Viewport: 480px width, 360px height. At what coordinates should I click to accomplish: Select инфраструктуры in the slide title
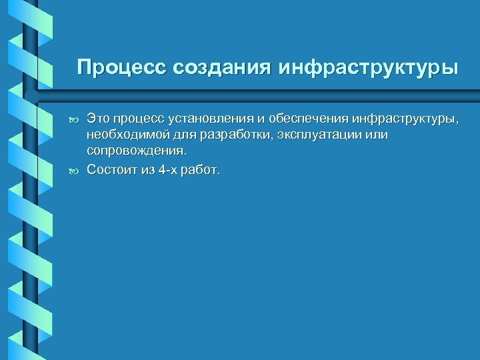click(x=369, y=68)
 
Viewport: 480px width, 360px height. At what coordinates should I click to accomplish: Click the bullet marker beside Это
click(x=73, y=119)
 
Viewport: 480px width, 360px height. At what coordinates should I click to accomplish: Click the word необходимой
click(x=122, y=135)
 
